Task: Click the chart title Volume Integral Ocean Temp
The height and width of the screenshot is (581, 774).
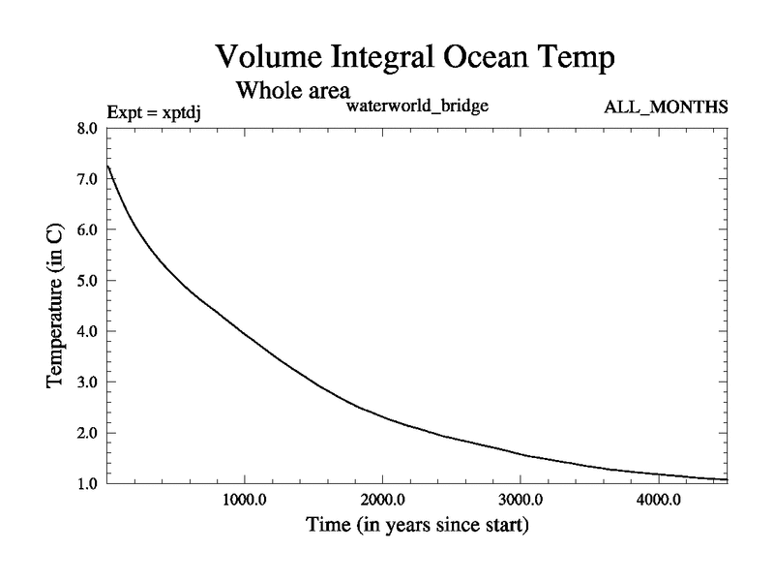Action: click(x=414, y=56)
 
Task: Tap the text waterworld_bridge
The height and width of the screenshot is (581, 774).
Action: click(x=416, y=106)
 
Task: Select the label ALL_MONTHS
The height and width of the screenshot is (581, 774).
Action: click(x=666, y=106)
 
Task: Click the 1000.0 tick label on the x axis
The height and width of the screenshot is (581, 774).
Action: click(x=245, y=502)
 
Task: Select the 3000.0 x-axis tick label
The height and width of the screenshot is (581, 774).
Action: click(x=521, y=502)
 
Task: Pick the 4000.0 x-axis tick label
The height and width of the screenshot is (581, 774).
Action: click(x=658, y=502)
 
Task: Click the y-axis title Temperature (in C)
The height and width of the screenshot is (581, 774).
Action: click(x=56, y=305)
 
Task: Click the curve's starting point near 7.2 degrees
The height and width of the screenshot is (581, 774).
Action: click(x=108, y=168)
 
